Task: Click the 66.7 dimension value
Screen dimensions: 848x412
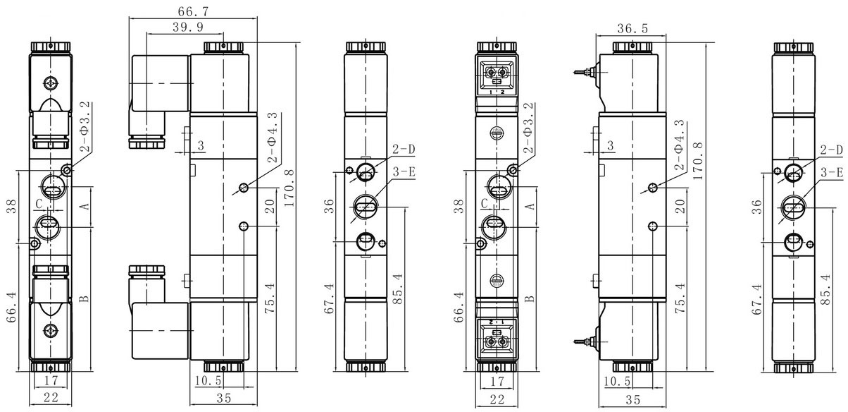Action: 193,12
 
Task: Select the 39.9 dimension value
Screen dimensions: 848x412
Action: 188,28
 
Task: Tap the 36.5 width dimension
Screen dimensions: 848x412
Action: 632,28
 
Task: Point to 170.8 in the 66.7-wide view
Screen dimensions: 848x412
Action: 289,188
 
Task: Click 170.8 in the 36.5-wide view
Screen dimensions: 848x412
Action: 699,161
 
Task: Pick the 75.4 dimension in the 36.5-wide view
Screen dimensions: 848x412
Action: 680,298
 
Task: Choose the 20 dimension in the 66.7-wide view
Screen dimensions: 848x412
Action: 270,206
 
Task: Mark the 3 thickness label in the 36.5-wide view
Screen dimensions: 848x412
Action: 610,145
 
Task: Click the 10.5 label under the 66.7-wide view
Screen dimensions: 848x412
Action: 208,380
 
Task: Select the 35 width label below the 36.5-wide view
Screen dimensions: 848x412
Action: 632,399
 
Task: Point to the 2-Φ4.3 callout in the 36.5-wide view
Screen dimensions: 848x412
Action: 680,145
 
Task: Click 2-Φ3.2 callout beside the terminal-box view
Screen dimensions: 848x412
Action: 528,128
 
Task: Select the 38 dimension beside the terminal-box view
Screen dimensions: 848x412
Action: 459,206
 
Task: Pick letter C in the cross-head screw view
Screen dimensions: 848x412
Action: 39,205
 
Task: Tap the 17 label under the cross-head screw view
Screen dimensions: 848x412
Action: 51,380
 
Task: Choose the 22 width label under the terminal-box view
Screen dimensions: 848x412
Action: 497,399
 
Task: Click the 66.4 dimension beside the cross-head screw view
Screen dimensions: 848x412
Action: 12,307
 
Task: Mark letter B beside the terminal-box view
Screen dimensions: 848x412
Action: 531,298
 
